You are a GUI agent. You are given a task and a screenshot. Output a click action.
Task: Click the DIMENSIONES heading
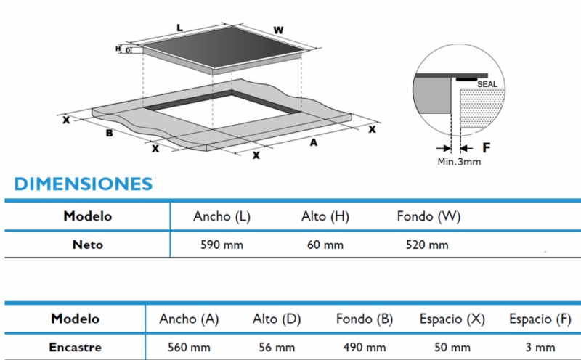[x=84, y=184]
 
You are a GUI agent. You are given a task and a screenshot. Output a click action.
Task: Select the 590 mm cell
[x=222, y=245]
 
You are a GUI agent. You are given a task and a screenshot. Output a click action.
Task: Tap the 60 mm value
[x=325, y=245]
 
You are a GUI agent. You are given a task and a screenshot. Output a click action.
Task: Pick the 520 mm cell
[x=427, y=245]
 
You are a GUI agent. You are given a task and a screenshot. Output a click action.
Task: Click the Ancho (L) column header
[x=222, y=216]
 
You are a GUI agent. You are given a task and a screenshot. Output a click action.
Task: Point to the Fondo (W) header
[x=428, y=216]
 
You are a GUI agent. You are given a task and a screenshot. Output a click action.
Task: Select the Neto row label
[x=87, y=245]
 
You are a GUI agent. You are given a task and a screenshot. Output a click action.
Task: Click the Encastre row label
[x=76, y=348]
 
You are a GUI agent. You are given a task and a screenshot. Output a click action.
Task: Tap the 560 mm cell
[x=189, y=348]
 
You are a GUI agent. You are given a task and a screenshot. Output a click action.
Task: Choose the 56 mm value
[x=277, y=348]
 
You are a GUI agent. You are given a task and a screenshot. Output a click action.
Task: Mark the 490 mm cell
[x=365, y=348]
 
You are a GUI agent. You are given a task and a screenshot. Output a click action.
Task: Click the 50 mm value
[x=452, y=348]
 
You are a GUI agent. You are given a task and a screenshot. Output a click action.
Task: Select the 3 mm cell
[x=540, y=348]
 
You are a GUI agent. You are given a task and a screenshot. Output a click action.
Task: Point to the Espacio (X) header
[x=452, y=319]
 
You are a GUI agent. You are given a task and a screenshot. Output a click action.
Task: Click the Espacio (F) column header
[x=540, y=319]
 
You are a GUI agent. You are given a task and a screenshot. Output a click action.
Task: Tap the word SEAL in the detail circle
[x=487, y=84]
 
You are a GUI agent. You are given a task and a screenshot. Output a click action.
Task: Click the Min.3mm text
[x=459, y=162]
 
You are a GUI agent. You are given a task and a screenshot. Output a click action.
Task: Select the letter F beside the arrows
[x=487, y=148]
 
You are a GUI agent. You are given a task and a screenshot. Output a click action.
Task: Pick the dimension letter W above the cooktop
[x=278, y=30]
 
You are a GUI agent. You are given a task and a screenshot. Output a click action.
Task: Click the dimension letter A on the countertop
[x=314, y=142]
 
